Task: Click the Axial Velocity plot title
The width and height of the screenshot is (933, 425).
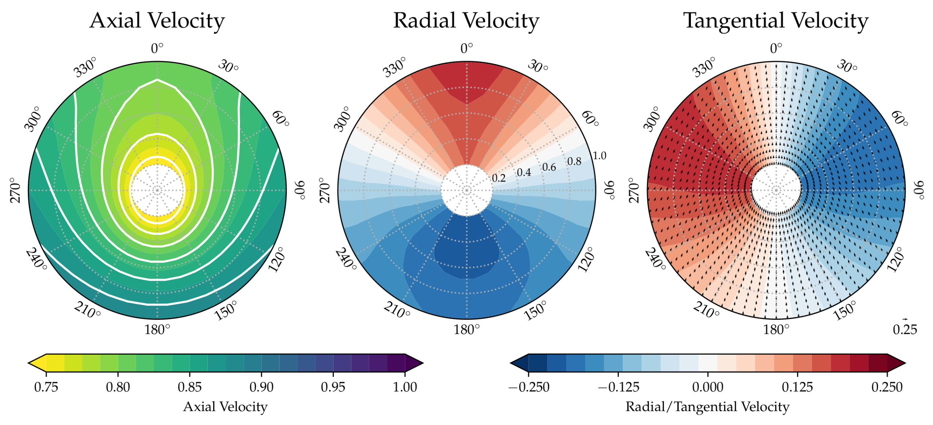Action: (x=157, y=21)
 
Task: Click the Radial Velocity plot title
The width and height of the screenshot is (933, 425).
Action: (x=466, y=21)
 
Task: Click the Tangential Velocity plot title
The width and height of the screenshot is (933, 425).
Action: (x=776, y=21)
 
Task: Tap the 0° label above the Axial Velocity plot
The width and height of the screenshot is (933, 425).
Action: (x=157, y=48)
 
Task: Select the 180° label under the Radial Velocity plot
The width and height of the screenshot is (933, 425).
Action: (x=466, y=330)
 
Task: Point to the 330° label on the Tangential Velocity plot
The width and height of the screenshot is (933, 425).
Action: (x=704, y=68)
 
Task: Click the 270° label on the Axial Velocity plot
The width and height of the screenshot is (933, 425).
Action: (x=16, y=191)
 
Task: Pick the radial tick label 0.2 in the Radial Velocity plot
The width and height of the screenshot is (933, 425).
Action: (x=499, y=178)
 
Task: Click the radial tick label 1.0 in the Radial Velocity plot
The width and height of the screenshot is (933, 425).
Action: (x=599, y=156)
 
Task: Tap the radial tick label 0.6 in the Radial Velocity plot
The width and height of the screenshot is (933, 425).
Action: (x=549, y=167)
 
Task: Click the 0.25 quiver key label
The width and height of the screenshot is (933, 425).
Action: (x=905, y=330)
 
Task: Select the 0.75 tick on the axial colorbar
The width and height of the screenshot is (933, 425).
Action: (x=46, y=387)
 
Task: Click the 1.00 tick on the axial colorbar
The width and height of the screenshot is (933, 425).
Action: (x=405, y=387)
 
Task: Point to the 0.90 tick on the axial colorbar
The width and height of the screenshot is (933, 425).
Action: (x=261, y=387)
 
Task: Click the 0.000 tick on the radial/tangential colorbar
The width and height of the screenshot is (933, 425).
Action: (x=708, y=387)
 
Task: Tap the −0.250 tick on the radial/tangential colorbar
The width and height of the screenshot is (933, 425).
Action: (x=529, y=387)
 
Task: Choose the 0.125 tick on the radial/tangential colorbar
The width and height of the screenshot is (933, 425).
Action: (x=797, y=387)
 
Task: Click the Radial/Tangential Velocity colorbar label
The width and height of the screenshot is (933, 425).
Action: (x=707, y=407)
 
